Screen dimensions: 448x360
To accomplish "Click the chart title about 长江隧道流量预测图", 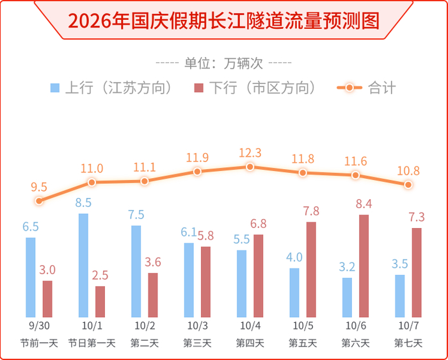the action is [224, 20].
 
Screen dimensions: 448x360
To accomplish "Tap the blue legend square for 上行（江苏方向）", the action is [55, 88].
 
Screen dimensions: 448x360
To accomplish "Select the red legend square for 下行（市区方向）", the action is [199, 88].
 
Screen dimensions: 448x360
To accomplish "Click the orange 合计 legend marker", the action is [349, 88].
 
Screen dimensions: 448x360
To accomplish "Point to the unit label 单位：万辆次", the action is [224, 63].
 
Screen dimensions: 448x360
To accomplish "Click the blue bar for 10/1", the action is [83, 265].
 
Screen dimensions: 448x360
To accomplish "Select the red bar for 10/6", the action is [364, 266].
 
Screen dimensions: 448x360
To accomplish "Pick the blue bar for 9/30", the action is [31, 277].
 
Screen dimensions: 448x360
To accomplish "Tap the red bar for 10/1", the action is [100, 302].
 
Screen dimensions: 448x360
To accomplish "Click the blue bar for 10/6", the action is [347, 297].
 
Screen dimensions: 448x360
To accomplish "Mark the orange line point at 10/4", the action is [250, 167].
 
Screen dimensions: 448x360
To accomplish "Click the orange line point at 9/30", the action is [39, 200].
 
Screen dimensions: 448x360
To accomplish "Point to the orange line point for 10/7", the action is [408, 184].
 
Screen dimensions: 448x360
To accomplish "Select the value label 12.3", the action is [250, 153].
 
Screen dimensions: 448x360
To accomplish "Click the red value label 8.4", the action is [364, 204].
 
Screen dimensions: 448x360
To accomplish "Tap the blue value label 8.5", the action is [83, 202].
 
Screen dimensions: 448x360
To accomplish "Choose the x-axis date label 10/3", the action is [197, 325].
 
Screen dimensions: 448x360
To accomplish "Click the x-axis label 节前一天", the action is [39, 343].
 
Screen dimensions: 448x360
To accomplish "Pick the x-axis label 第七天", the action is [408, 343].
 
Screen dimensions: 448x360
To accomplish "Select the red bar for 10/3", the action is [205, 282].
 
